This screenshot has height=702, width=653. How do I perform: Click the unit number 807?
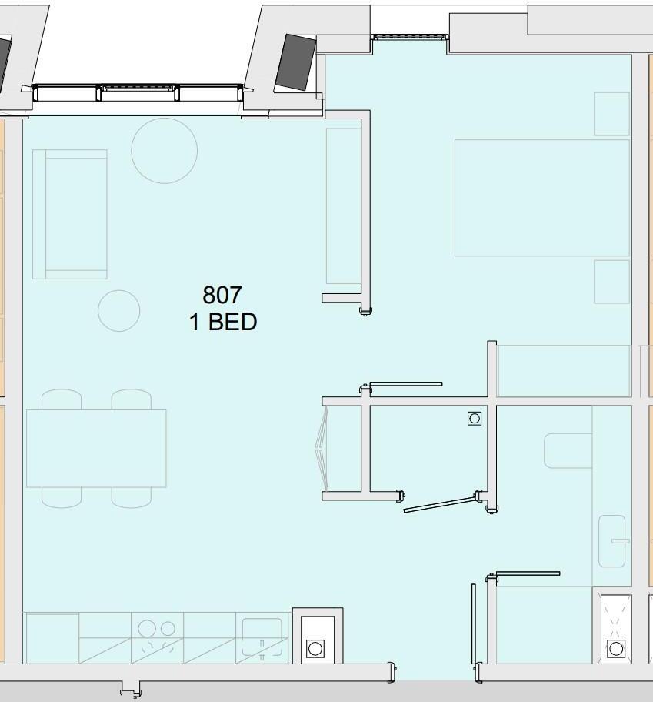pos(222,295)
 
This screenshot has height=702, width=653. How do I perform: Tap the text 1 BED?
pos(223,322)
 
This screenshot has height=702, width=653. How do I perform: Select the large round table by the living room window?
pos(164,150)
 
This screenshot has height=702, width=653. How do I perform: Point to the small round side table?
pos(119,311)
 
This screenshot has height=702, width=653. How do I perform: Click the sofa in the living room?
pos(70,215)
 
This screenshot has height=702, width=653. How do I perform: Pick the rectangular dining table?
pos(96,448)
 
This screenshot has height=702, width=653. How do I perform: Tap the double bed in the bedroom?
pos(542,197)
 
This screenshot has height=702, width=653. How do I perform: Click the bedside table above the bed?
pos(612,114)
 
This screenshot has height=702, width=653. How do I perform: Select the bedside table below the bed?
pos(612,282)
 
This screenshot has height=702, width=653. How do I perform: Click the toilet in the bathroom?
pos(568,451)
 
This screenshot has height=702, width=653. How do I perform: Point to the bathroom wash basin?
pos(612,541)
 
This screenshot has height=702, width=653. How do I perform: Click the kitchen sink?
pos(262,637)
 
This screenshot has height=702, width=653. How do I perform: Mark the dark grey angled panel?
pos(295,63)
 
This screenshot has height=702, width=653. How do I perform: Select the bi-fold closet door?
pos(322,448)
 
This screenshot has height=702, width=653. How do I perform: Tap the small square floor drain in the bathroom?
pos(475,419)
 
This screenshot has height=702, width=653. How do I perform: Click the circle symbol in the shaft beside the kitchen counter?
pos(315,648)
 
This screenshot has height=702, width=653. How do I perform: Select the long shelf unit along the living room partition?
pos(344,206)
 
